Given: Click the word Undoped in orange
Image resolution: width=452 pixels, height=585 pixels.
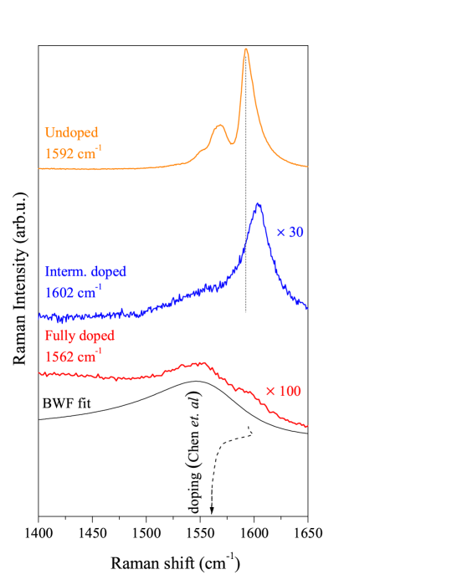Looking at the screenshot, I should (x=71, y=133).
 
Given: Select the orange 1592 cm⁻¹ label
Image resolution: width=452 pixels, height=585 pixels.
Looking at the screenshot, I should (x=74, y=153).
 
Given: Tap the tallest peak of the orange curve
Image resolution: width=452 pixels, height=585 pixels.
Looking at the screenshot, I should (x=246, y=49).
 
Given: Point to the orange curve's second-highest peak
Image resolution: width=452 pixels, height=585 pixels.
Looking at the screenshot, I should (x=220, y=126).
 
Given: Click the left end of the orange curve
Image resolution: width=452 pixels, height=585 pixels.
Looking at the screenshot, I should (x=39, y=168).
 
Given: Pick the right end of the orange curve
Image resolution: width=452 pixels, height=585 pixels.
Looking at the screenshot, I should (x=308, y=166).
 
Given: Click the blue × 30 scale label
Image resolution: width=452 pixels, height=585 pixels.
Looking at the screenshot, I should (x=290, y=233).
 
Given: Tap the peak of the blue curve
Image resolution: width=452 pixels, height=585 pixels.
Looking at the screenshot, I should (x=258, y=203).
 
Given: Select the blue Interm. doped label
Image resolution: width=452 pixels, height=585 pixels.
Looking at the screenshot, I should (x=85, y=272).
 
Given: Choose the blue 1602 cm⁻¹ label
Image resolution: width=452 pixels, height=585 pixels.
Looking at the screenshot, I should (x=74, y=293).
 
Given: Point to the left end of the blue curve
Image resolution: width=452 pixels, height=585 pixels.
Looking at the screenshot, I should (x=39, y=316).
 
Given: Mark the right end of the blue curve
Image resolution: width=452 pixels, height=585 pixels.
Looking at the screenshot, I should (x=308, y=309).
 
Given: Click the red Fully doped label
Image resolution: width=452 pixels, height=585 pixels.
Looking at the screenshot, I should (x=80, y=336).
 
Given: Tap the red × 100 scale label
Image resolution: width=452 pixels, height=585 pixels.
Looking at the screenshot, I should (x=283, y=392).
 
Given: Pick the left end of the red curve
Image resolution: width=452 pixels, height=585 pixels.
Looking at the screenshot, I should (x=39, y=374).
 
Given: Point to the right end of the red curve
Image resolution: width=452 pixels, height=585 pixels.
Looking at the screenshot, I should (x=308, y=427).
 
